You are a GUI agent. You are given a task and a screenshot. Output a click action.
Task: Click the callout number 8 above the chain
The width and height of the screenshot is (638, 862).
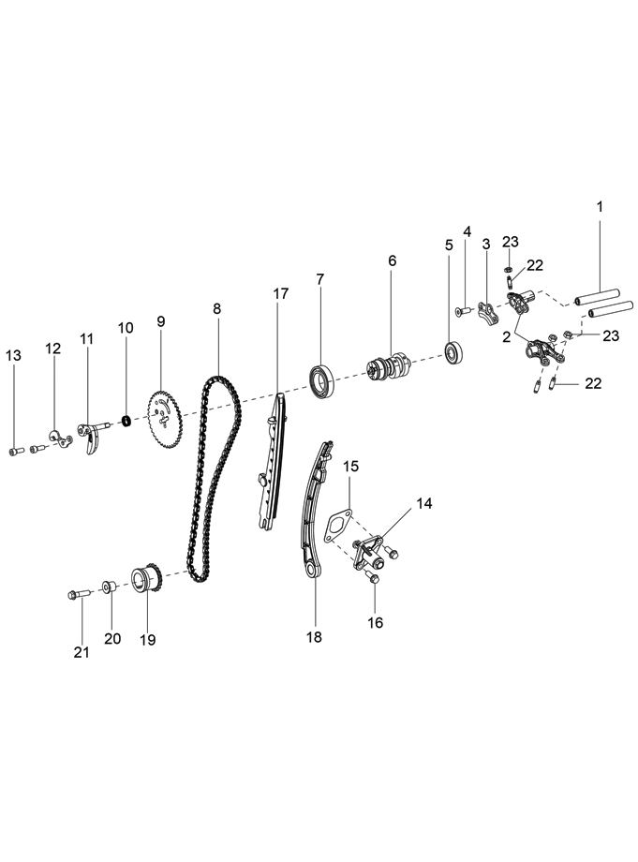click(x=217, y=307)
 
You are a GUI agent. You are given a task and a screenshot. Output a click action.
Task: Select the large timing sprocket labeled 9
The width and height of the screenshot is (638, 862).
click(x=166, y=414)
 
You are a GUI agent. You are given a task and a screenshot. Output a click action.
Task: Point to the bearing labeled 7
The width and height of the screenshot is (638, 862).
click(x=323, y=379)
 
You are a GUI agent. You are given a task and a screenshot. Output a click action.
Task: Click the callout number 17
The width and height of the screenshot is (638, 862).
click(x=281, y=293)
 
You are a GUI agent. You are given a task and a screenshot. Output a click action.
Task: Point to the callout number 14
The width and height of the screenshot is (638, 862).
click(x=424, y=503)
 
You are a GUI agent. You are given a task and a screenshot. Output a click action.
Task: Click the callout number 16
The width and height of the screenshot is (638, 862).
click(x=375, y=621)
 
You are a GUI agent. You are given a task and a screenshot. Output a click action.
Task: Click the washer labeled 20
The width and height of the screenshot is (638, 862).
click(x=110, y=587)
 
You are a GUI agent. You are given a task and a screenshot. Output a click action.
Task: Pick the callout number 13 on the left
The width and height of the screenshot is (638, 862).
click(x=13, y=355)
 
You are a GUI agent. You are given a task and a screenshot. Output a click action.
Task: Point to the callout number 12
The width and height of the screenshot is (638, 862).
click(x=53, y=348)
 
